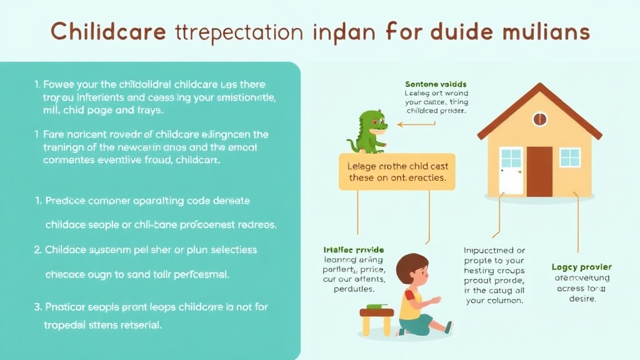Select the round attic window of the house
click(539, 119)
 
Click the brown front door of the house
click(539, 171)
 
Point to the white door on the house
click(511, 171)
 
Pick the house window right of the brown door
click(569, 157)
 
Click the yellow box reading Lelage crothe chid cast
click(397, 172)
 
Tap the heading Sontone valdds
click(436, 84)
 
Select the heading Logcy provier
click(582, 267)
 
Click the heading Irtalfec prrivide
click(352, 249)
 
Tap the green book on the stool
click(376, 306)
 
